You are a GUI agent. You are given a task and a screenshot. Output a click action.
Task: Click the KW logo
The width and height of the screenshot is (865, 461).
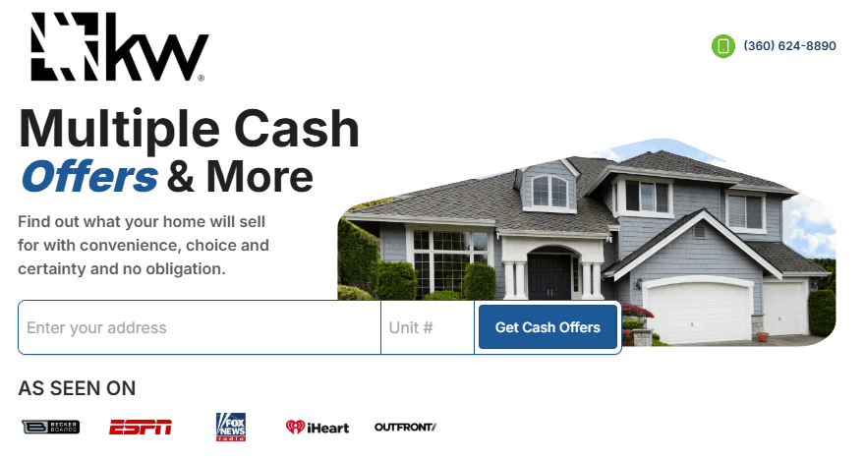(x=120, y=47)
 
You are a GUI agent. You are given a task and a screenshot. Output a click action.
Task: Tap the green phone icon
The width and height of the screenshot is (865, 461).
(x=723, y=46)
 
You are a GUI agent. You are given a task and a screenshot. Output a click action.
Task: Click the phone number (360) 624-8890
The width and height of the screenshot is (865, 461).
(x=789, y=46)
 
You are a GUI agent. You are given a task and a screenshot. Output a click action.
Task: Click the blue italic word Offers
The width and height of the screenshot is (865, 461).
(x=89, y=177)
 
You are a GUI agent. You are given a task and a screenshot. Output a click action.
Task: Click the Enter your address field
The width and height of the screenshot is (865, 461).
(x=200, y=327)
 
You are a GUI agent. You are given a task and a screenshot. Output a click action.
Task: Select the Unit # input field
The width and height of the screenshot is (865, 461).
(x=428, y=327)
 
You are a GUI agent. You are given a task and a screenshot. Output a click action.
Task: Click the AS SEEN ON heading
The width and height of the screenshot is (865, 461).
(x=77, y=388)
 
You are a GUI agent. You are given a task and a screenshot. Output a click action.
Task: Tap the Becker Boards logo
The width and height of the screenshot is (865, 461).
(x=51, y=427)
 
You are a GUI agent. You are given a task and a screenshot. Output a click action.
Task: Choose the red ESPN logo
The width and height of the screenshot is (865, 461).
(x=141, y=428)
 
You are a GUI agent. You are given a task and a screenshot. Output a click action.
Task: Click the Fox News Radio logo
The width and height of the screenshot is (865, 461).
(x=231, y=427)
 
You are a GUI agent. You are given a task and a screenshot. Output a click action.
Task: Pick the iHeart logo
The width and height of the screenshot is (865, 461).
(x=317, y=428)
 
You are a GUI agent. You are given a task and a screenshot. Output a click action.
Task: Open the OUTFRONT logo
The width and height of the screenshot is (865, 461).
(x=405, y=427)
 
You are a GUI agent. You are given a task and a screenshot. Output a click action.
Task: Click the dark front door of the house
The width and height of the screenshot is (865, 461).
(x=549, y=276)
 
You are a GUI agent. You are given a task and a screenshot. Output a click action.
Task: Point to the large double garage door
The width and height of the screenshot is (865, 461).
(x=699, y=310)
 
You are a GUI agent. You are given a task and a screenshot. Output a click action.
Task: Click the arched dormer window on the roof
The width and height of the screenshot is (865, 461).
(x=549, y=192)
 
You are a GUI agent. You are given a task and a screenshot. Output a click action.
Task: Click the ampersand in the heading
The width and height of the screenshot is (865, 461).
(x=182, y=177)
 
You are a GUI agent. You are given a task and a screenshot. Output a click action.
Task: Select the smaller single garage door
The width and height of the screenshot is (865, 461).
(x=784, y=309)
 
